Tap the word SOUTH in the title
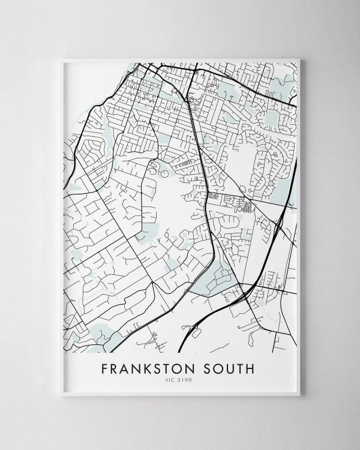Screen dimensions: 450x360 pos(230,367)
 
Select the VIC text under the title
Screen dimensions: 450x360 pos(173,379)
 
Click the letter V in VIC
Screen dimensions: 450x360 pos(170,379)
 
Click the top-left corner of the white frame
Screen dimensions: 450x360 pos(62,59)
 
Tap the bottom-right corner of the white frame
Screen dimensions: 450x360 pos(299,395)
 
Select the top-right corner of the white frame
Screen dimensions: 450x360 pos(299,59)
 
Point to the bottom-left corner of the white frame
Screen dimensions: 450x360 pos(62,395)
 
